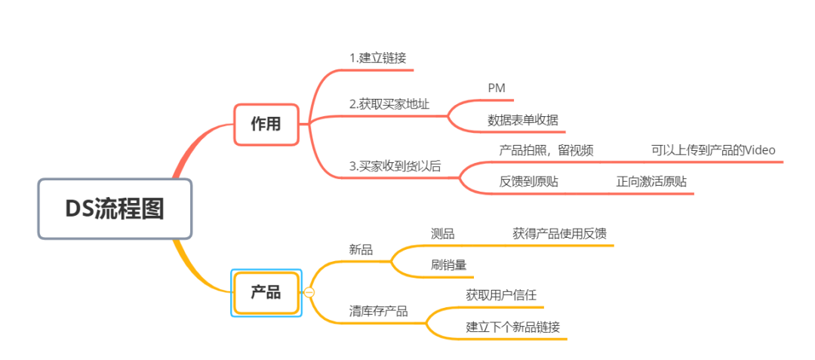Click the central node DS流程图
pyautogui.click(x=114, y=209)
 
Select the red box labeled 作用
pyautogui.click(x=266, y=124)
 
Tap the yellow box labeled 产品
pyautogui.click(x=266, y=292)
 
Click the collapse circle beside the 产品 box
pyautogui.click(x=309, y=293)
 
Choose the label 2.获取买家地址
pyautogui.click(x=389, y=104)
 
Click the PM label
pyautogui.click(x=497, y=88)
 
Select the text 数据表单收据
pyautogui.click(x=523, y=120)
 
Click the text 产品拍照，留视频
pyautogui.click(x=546, y=150)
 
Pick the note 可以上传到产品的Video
pyautogui.click(x=713, y=150)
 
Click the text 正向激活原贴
pyautogui.click(x=651, y=182)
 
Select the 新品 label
pyautogui.click(x=361, y=250)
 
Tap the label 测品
pyautogui.click(x=443, y=234)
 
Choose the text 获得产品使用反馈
pyautogui.click(x=559, y=234)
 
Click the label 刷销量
pyautogui.click(x=449, y=265)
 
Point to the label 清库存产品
pyautogui.click(x=379, y=311)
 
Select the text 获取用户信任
pyautogui.click(x=501, y=295)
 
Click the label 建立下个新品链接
pyautogui.click(x=513, y=327)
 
